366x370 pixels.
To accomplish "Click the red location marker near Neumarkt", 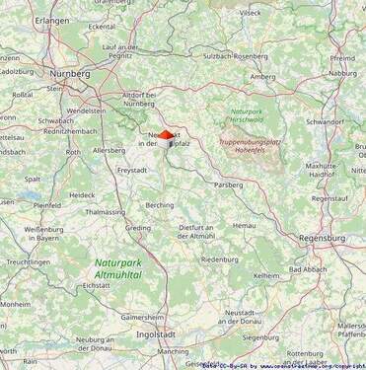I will pyautogui.click(x=167, y=135).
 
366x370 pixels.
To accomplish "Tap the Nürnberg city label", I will pyautogui.click(x=71, y=73).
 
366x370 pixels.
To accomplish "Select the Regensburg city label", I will pyautogui.click(x=322, y=238).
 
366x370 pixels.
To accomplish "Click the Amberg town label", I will pyautogui.click(x=262, y=76).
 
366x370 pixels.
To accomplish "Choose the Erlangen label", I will pyautogui.click(x=51, y=20).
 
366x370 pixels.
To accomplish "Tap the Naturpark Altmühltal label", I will pyautogui.click(x=118, y=268).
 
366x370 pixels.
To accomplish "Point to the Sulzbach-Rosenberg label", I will pyautogui.click(x=236, y=56).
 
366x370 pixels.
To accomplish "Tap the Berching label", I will pyautogui.click(x=160, y=205).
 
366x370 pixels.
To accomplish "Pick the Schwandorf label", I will pyautogui.click(x=325, y=121).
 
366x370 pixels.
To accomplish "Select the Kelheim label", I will pyautogui.click(x=266, y=275).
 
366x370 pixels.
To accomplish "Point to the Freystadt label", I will pyautogui.click(x=132, y=170).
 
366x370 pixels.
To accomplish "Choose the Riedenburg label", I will pyautogui.click(x=219, y=259).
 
